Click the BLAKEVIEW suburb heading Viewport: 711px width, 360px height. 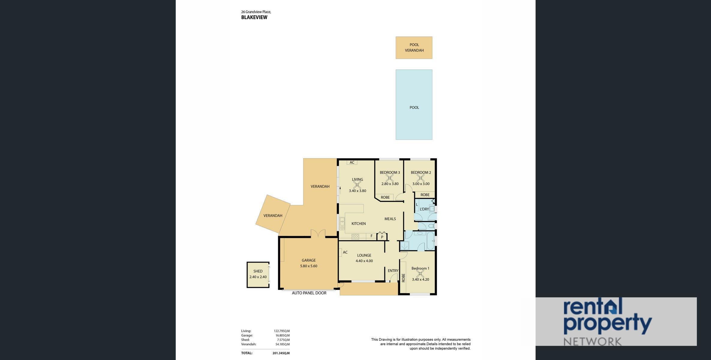[x=254, y=17]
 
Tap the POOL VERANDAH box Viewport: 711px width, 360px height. [x=414, y=48]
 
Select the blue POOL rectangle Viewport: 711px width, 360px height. [x=414, y=105]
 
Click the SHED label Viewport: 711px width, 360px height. [x=258, y=271]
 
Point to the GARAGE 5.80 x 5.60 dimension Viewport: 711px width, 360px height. [x=309, y=266]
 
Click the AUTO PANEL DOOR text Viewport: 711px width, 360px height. [x=309, y=293]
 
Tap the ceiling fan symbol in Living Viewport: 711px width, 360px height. [x=357, y=184]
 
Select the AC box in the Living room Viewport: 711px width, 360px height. [x=352, y=163]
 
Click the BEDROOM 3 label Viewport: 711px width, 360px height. [x=390, y=172]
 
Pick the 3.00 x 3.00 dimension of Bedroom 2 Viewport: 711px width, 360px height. [x=421, y=184]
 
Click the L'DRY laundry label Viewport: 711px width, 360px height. [x=424, y=209]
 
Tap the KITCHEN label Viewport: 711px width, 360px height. [x=359, y=223]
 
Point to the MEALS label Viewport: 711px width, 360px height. [x=390, y=219]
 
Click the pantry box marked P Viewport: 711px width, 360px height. [x=382, y=236]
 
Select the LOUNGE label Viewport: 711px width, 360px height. [x=364, y=255]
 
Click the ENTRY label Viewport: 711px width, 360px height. [x=393, y=271]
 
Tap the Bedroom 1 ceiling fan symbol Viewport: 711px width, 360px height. [x=420, y=274]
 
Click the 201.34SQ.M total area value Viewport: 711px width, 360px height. [x=281, y=353]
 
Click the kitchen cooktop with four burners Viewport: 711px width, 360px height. [x=355, y=236]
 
